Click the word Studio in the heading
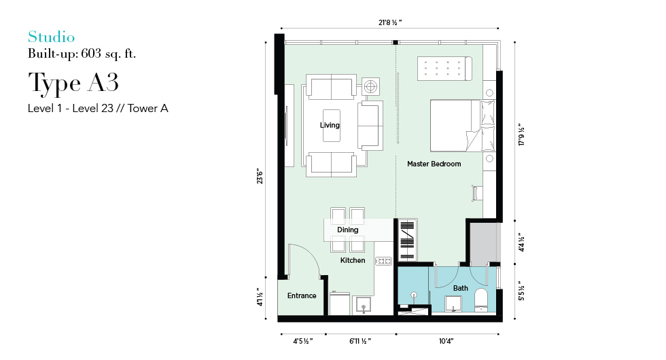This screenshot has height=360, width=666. coord(52,37)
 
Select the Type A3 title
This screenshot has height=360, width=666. coord(73,83)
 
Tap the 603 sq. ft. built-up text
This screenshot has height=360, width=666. coord(108,54)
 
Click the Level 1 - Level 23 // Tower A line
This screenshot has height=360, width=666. coord(98,108)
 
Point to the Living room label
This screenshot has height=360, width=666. coord(330,125)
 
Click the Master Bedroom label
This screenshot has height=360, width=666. coord(434,164)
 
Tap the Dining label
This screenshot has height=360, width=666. coord(348,230)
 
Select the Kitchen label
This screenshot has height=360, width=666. coord(353,260)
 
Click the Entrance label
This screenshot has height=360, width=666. coord(302,295)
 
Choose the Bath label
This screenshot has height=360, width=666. coord(461,288)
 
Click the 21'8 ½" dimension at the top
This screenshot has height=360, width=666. coord(390,22)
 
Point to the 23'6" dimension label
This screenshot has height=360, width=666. coord(260,176)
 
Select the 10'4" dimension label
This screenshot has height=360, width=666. coord(446,341)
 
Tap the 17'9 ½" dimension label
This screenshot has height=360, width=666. coord(522,135)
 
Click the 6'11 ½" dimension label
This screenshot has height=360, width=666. coord(360,341)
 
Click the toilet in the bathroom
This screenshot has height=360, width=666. coord(481,300)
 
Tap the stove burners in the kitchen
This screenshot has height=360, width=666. coord(383,261)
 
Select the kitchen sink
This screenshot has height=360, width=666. coord(364,305)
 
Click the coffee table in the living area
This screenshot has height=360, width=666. coord(332,126)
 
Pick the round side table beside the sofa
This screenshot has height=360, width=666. coord(371,87)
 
